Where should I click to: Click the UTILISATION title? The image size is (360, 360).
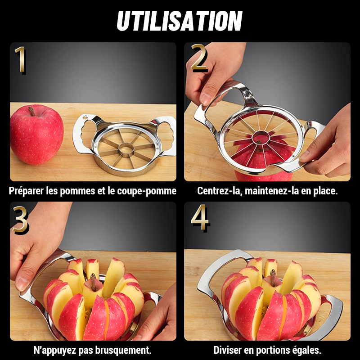tap(180, 21)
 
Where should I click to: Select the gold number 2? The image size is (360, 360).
tap(199, 58)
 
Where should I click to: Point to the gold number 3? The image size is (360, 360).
tap(20, 220)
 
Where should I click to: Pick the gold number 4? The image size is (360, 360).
tap(199, 217)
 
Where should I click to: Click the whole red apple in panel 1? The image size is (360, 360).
tap(36, 135)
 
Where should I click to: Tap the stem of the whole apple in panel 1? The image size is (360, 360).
tap(31, 111)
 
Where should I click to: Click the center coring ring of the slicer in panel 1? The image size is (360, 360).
tap(126, 149)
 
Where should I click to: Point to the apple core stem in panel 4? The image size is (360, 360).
tap(273, 277)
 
